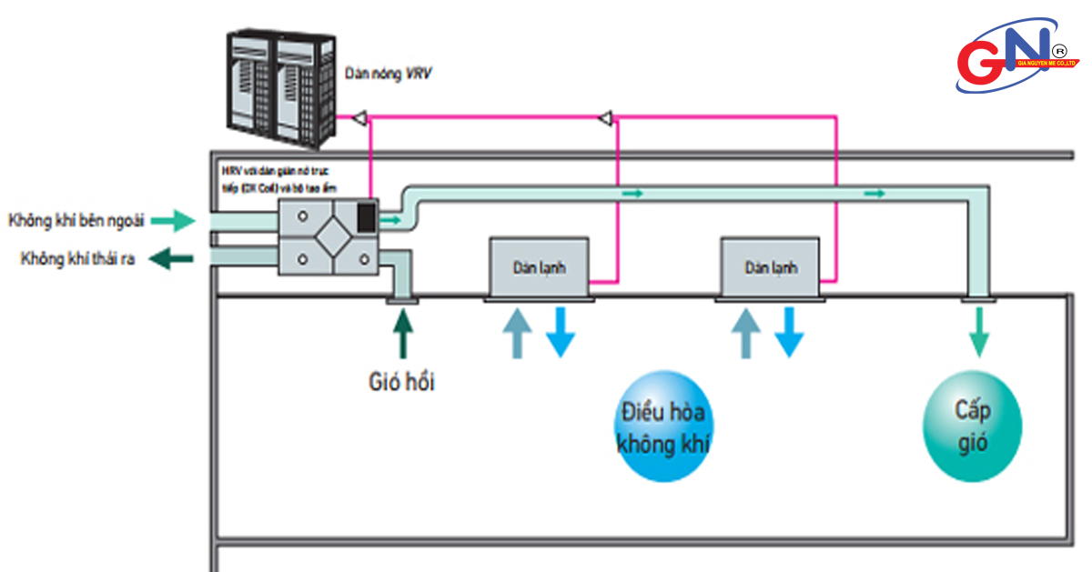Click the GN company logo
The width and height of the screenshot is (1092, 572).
(1016, 56)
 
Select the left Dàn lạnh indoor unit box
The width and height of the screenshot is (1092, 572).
(540, 266)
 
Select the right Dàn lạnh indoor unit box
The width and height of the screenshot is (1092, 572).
(771, 266)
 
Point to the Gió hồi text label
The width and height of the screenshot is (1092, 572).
(401, 382)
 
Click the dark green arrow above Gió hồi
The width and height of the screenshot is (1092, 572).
(402, 333)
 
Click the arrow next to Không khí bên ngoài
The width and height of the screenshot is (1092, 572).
(173, 219)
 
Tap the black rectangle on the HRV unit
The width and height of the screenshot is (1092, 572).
(365, 216)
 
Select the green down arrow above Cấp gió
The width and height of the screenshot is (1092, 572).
(979, 332)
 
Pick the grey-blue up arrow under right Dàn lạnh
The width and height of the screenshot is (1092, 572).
(746, 333)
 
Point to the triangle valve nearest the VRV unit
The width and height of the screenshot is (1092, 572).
(359, 117)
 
